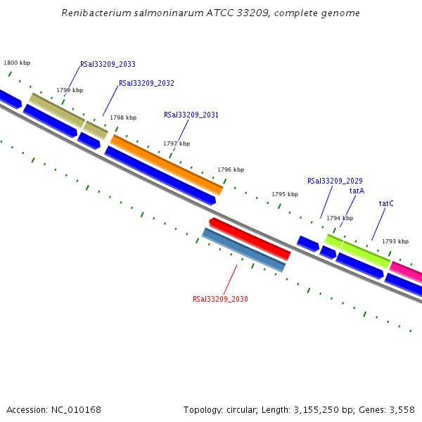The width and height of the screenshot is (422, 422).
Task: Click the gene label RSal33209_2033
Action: coord(108,64)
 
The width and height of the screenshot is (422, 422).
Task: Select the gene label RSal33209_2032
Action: coord(146,83)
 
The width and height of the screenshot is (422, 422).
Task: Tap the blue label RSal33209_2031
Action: coord(191,115)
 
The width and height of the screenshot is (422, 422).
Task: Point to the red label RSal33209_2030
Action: coord(220,299)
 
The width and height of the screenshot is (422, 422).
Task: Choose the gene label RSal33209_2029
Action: coord(335,181)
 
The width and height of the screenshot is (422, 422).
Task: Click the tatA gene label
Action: coord(357,191)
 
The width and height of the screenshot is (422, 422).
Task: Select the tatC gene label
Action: coord(386,203)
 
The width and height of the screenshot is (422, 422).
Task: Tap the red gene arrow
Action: coord(250,238)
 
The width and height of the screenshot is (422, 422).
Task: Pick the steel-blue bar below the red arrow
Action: coord(243,250)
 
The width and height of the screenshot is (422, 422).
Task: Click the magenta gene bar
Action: coord(406,270)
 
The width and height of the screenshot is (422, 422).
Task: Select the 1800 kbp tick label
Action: coord(17,63)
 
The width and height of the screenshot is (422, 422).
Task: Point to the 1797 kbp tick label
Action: coord(177,143)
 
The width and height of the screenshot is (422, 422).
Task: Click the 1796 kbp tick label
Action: coord(231,170)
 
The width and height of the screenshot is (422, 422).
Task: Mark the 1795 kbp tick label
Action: coord(285,194)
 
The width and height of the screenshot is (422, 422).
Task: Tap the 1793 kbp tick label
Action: coord(395,241)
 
